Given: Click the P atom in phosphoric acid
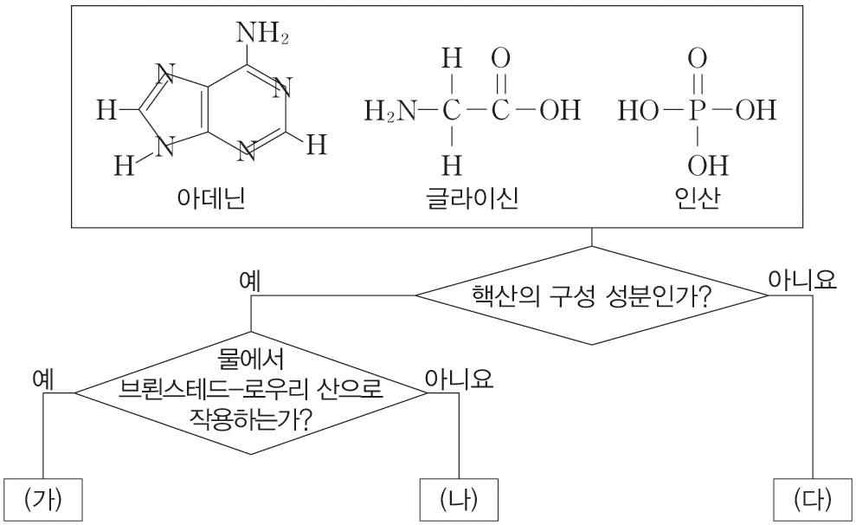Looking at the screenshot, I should coord(698,111).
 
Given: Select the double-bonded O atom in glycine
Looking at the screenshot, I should coord(500,60).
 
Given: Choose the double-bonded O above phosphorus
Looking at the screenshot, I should coord(698,60).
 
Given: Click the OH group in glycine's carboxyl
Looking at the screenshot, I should coord(558,111).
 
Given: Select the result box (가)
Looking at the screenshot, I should coord(43,499).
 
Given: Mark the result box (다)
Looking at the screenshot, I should coord(812,499).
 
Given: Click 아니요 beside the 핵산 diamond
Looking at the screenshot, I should coord(802,279).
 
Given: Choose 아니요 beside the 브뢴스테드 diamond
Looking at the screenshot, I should coord(459,379).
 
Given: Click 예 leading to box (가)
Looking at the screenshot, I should coord(43,379).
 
